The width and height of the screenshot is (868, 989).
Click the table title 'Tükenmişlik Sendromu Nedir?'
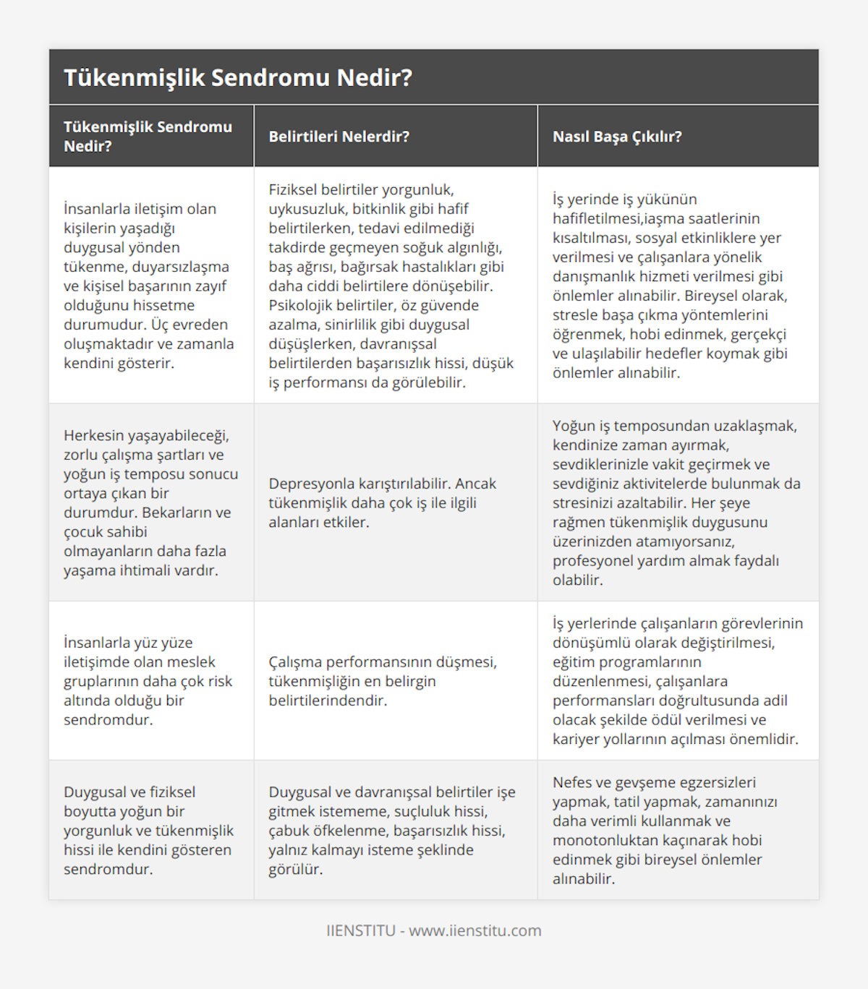(238, 77)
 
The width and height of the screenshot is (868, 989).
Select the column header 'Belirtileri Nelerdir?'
(339, 137)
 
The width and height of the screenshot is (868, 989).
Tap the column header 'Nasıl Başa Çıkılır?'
(617, 137)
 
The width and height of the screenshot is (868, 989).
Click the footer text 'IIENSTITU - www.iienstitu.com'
(434, 930)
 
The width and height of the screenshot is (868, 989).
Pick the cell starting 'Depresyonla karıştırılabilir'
(383, 502)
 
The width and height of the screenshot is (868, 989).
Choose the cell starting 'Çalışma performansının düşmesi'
(383, 681)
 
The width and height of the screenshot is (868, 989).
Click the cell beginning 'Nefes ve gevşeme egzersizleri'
(665, 830)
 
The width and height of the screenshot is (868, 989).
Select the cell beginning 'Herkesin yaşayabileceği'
(150, 502)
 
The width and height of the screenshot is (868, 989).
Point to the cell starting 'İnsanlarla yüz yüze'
(148, 681)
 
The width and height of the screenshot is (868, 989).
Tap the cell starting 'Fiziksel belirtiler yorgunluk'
(391, 286)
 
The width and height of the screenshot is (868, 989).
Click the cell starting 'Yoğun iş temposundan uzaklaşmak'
(676, 502)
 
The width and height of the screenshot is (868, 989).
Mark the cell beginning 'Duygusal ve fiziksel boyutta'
(148, 830)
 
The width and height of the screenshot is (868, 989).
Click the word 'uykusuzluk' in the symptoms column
(307, 209)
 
